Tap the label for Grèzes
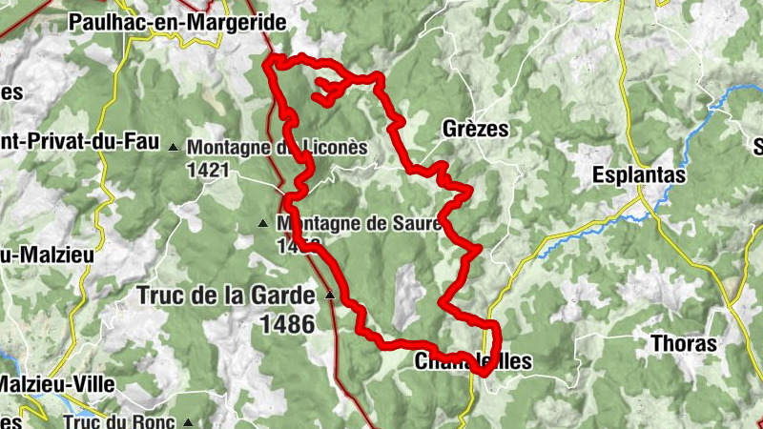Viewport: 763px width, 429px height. click(475, 129)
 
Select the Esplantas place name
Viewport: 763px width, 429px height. click(638, 175)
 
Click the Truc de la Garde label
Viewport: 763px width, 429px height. click(225, 295)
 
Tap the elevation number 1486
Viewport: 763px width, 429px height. click(286, 324)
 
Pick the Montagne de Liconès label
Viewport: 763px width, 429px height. click(277, 148)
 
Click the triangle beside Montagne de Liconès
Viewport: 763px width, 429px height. click(173, 148)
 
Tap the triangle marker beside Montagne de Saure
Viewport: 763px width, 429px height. click(264, 225)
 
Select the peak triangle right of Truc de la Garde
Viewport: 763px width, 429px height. click(330, 295)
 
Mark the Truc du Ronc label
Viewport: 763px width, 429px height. click(121, 420)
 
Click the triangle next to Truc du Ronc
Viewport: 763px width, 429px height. click(189, 420)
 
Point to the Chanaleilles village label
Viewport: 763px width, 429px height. click(472, 361)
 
